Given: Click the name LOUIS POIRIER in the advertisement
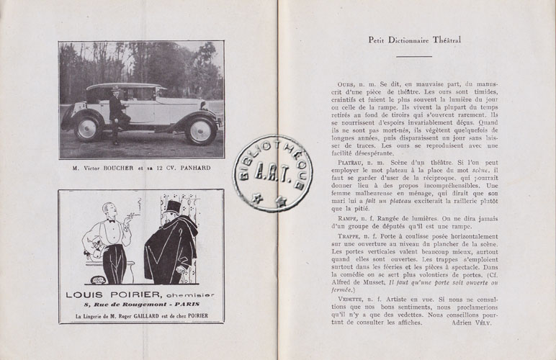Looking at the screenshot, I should click(x=108, y=294).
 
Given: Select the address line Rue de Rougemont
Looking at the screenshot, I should click(x=141, y=305).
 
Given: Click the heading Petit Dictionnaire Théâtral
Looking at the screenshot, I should click(x=414, y=40).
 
